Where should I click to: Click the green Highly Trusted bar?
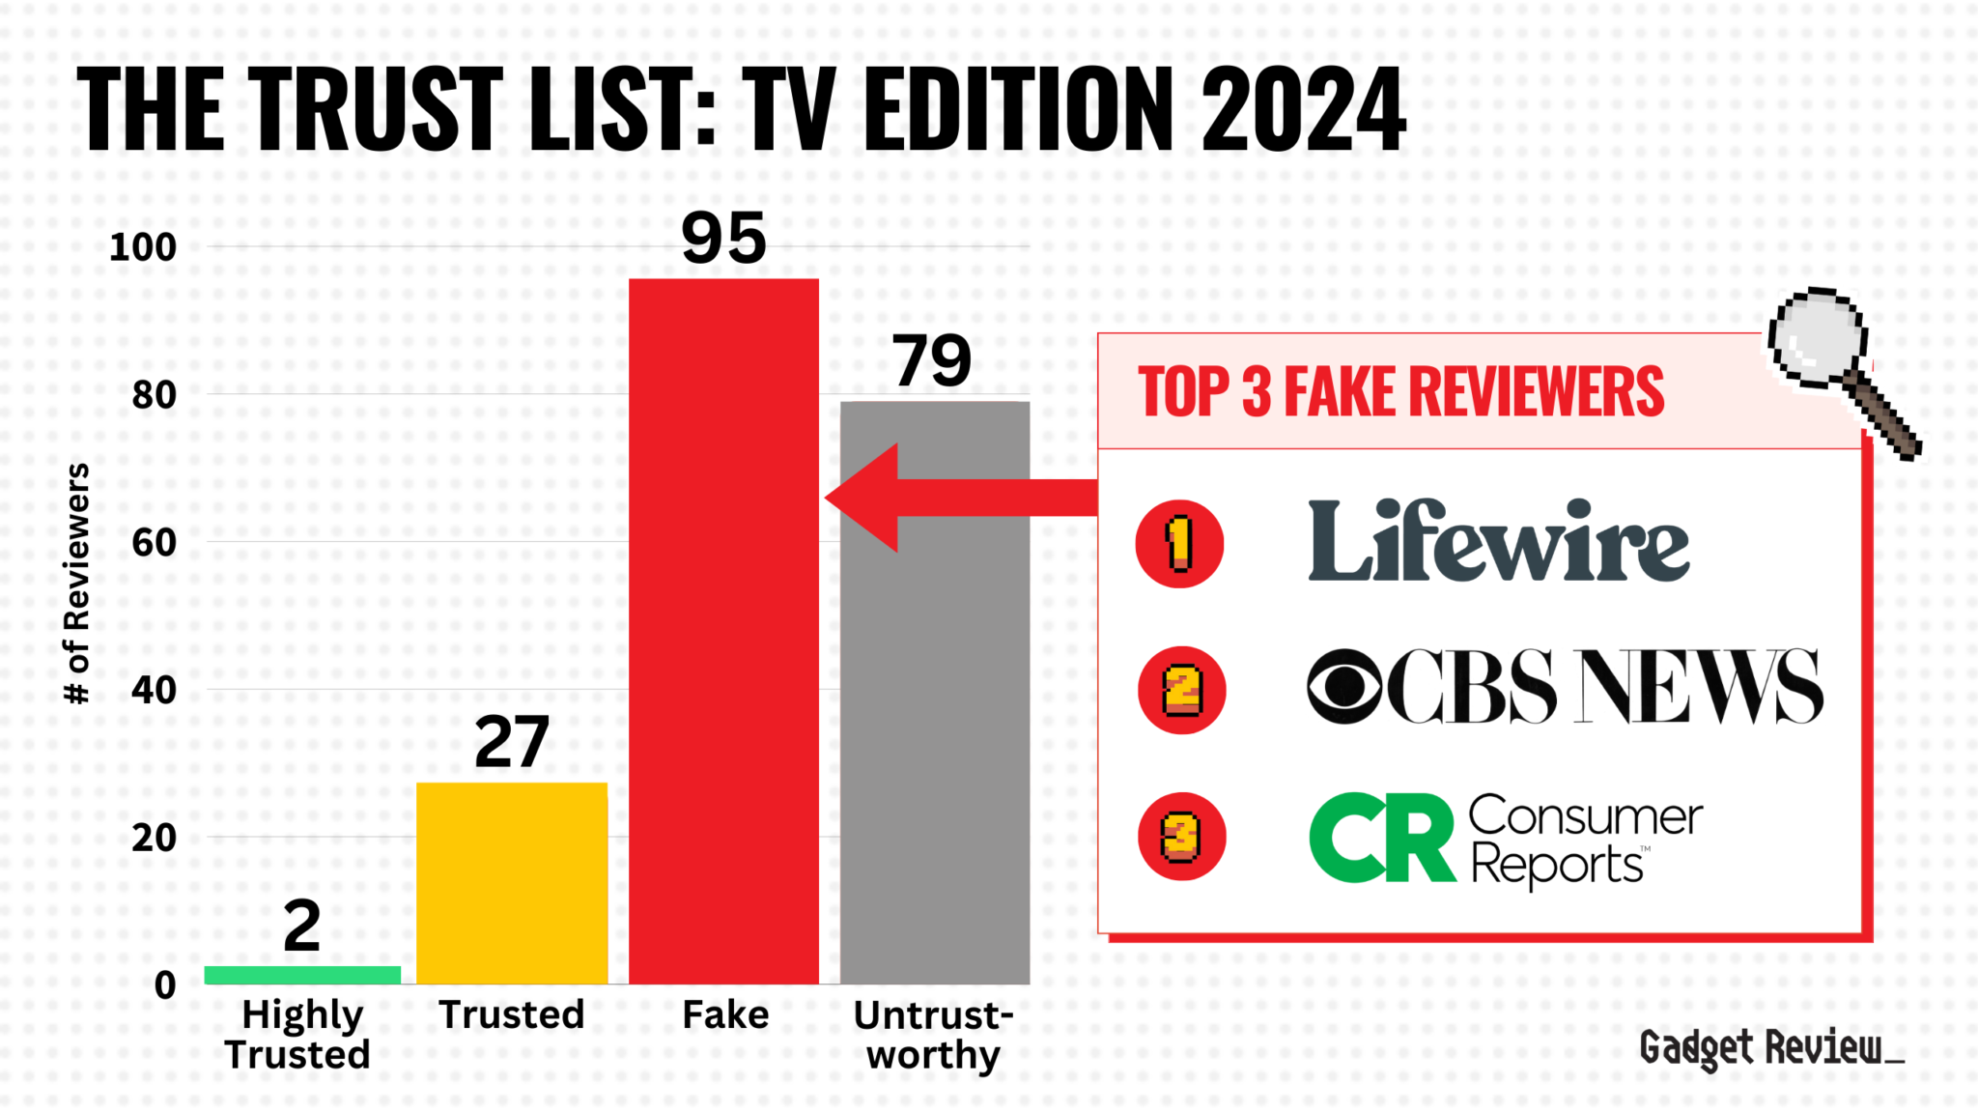coord(302,975)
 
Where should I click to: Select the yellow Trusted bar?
coord(512,883)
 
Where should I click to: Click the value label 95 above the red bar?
coord(723,239)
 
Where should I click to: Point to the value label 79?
coord(931,361)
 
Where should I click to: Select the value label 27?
coord(512,742)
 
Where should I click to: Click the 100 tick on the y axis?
coord(143,247)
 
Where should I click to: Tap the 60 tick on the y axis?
coord(155,543)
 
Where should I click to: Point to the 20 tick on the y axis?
coord(155,839)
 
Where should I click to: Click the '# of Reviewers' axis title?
coord(76,584)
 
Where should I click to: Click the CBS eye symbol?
coord(1344,687)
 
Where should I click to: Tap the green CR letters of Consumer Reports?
coord(1381,838)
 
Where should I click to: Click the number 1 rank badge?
coord(1179,544)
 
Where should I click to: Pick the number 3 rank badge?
coord(1181,838)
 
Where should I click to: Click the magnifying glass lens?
coord(1817,336)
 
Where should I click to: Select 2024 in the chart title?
coord(1303,110)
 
